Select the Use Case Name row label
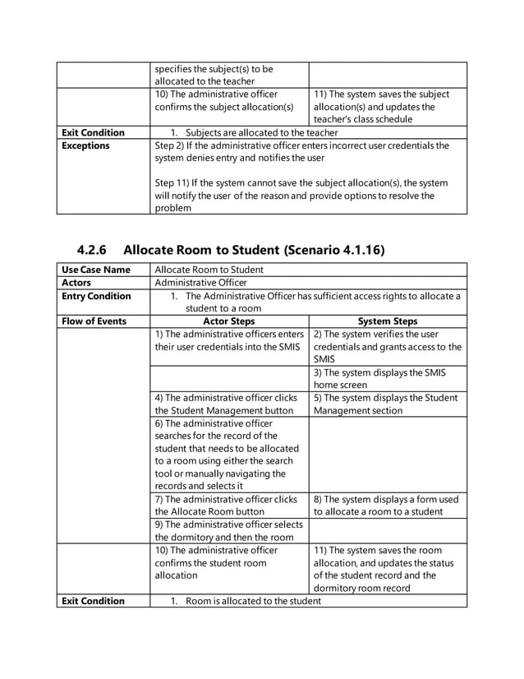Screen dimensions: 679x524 96,270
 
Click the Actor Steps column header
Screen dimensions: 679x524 228,321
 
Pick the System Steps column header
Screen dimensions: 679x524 388,321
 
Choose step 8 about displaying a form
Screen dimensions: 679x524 387,505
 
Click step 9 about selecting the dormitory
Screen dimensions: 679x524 228,530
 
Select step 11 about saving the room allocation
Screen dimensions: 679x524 387,569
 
